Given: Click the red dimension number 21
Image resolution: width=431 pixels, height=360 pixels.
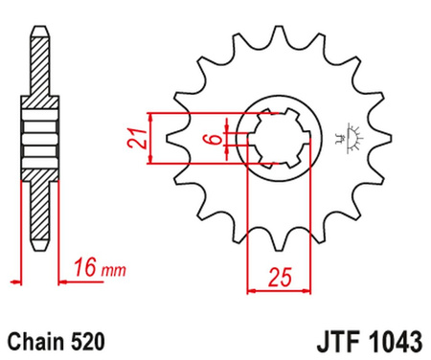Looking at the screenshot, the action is (137, 138).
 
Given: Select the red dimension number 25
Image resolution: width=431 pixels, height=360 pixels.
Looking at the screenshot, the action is (280, 278).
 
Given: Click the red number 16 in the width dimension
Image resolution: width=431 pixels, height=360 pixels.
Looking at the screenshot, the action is (85, 267).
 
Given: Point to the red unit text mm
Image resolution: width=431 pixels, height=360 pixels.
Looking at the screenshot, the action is (114, 271).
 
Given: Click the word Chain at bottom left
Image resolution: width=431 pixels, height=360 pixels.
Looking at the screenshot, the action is (35, 342).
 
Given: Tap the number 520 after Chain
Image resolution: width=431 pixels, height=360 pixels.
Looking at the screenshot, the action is (87, 342).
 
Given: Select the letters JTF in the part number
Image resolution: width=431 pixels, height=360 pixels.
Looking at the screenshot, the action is (340, 342).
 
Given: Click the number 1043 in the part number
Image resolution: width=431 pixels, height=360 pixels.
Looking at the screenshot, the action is (396, 342).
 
